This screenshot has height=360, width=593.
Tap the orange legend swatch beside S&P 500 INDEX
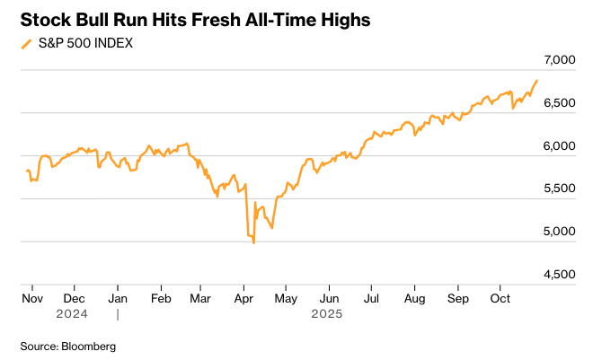tap(25, 44)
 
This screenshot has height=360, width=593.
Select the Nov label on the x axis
tap(31, 297)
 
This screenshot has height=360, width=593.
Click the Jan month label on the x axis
tap(117, 297)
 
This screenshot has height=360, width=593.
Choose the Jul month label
tap(371, 297)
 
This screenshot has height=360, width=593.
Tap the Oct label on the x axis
tap(500, 297)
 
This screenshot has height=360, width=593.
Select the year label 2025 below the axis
tap(327, 314)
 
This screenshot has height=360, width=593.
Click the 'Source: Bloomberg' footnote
tap(68, 346)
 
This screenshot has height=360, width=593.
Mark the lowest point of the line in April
tap(254, 242)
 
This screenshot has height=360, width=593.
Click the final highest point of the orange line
tap(537, 81)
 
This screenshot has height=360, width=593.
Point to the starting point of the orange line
tap(27, 171)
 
